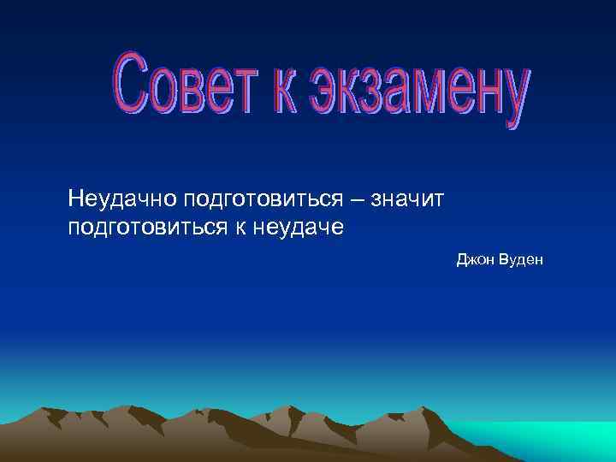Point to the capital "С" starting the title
(x=129, y=80)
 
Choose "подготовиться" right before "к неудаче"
(x=139, y=228)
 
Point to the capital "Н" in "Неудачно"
(x=75, y=199)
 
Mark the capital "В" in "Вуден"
(x=499, y=258)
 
